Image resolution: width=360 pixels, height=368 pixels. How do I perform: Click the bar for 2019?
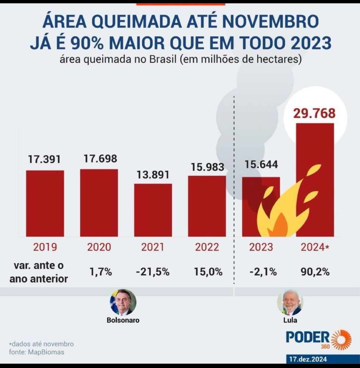click(45, 203)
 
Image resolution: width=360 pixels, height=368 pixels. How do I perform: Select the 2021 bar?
click(153, 210)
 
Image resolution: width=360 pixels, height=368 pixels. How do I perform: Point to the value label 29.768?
click(314, 113)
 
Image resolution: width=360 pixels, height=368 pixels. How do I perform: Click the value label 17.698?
click(99, 159)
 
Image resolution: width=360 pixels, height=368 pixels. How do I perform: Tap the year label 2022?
click(207, 247)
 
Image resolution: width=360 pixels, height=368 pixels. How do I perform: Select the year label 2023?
click(261, 247)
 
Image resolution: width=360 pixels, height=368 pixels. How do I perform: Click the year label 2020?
click(99, 247)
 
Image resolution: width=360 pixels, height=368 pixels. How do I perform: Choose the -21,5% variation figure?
click(153, 272)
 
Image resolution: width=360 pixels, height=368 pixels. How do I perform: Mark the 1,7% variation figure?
click(100, 272)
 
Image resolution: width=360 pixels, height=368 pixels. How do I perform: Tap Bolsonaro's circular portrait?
click(123, 302)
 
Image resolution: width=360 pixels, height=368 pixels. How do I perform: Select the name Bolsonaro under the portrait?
click(123, 320)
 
